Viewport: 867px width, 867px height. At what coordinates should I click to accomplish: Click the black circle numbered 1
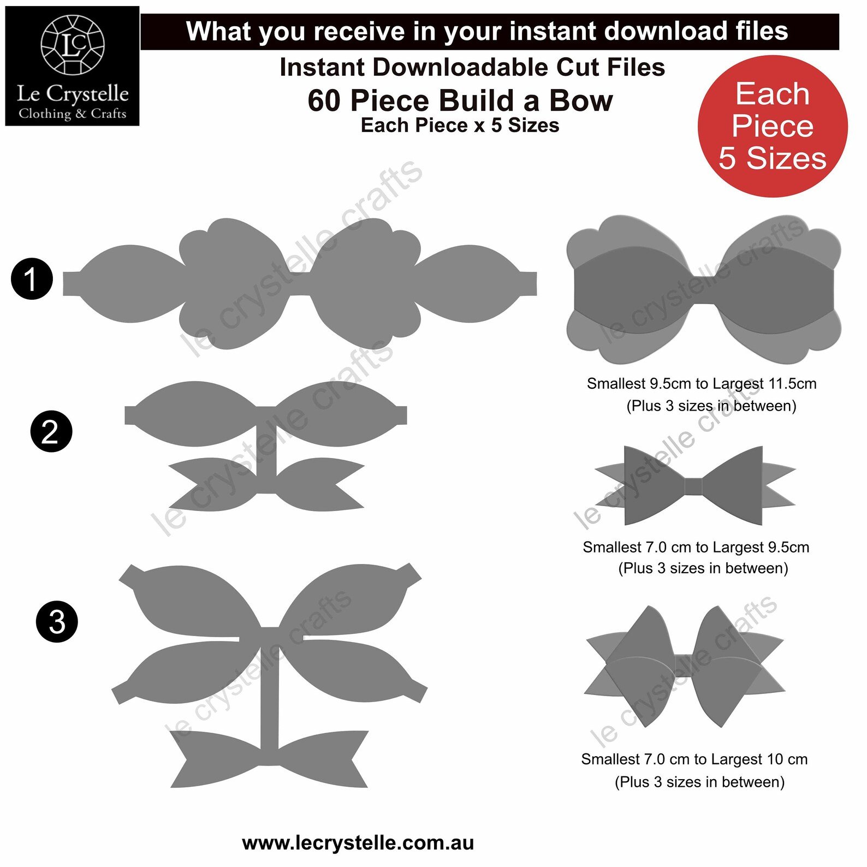[x=32, y=279]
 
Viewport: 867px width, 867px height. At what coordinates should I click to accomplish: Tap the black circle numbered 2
[x=51, y=431]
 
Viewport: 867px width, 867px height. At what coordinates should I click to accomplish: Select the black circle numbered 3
[x=57, y=621]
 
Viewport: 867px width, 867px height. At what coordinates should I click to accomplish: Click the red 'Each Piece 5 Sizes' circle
[x=773, y=126]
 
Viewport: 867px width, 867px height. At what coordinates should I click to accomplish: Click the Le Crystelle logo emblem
[x=73, y=45]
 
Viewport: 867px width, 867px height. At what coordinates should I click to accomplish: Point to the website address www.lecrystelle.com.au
[x=358, y=843]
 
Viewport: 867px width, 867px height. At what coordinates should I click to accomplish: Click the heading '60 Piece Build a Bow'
[x=460, y=100]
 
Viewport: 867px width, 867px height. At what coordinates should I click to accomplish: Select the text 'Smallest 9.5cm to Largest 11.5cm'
[x=702, y=384]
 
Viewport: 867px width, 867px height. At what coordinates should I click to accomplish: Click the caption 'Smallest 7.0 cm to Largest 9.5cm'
[x=696, y=547]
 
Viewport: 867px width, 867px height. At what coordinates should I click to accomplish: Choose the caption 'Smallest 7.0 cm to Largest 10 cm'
[x=694, y=759]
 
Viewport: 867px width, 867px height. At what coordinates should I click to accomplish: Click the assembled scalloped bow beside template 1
[x=704, y=289]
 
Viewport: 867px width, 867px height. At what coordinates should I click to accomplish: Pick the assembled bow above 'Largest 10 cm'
[x=685, y=667]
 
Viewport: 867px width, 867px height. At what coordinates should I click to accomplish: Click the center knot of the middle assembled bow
[x=693, y=486]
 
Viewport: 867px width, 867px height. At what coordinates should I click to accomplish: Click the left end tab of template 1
[x=72, y=283]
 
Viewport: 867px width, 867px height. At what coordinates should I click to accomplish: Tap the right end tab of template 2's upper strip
[x=401, y=415]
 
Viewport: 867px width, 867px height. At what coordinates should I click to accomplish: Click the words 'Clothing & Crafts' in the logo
[x=73, y=114]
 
